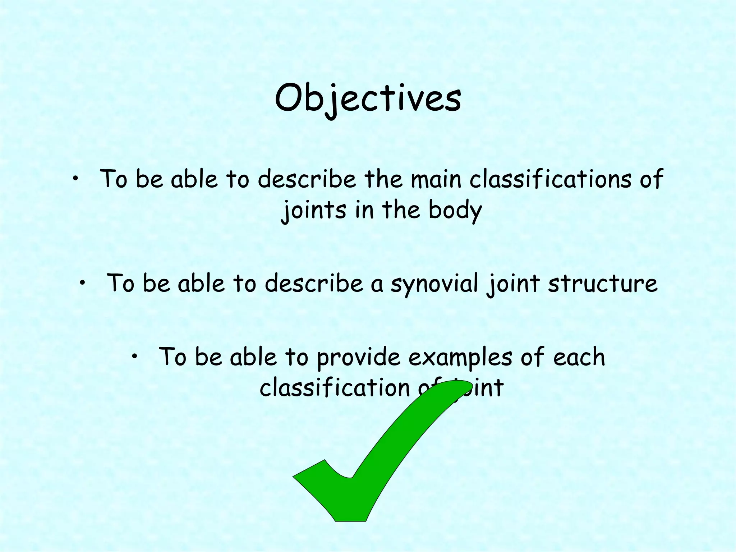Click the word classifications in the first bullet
(x=550, y=179)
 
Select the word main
(x=436, y=179)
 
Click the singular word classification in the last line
(x=335, y=387)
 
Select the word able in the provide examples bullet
(x=253, y=357)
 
